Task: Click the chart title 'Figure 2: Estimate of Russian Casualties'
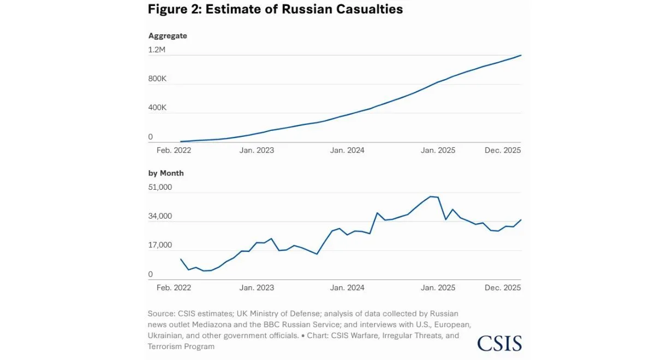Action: click(276, 9)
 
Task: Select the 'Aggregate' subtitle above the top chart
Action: click(168, 36)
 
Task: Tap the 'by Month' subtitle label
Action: click(166, 173)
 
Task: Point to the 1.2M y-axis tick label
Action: click(157, 50)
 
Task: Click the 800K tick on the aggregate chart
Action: click(157, 79)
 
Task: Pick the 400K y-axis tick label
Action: click(157, 108)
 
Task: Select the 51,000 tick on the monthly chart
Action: click(160, 187)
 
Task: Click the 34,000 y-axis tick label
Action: click(160, 217)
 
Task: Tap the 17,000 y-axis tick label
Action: click(160, 245)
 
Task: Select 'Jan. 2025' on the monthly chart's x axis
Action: click(438, 288)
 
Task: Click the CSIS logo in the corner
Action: click(499, 343)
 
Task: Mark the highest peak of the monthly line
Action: click(431, 196)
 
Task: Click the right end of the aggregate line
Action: click(521, 55)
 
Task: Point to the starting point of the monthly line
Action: click(181, 259)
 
